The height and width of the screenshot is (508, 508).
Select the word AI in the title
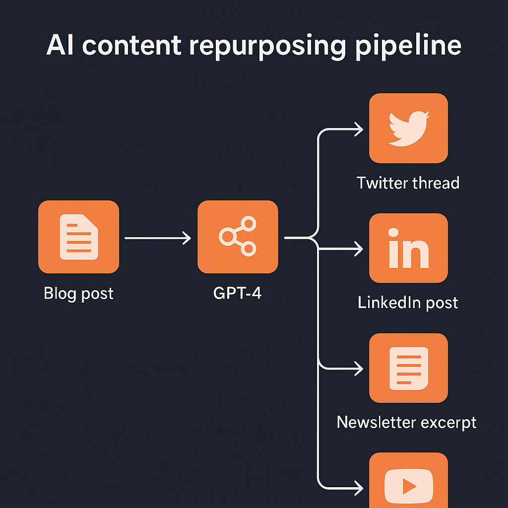tap(61, 46)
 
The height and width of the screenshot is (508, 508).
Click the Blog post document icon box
tap(78, 237)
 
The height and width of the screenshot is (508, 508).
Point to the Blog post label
tap(78, 293)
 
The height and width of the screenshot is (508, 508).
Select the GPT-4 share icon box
tap(238, 237)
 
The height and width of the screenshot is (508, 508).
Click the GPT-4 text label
tap(237, 293)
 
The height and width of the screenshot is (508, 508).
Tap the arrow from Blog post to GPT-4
tap(158, 239)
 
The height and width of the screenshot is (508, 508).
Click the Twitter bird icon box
tap(408, 128)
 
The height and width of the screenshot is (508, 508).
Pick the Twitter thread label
tap(408, 183)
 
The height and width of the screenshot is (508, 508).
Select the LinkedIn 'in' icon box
tap(408, 248)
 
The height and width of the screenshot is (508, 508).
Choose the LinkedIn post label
tap(408, 303)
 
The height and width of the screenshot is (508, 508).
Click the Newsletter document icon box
tap(408, 368)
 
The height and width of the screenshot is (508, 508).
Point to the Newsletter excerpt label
tap(406, 422)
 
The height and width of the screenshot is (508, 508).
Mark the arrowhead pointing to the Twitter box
tap(358, 130)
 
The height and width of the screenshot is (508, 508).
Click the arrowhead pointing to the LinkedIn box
tap(358, 249)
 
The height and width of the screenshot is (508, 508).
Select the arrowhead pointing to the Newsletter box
tap(358, 368)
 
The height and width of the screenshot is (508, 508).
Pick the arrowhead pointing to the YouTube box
tap(358, 487)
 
